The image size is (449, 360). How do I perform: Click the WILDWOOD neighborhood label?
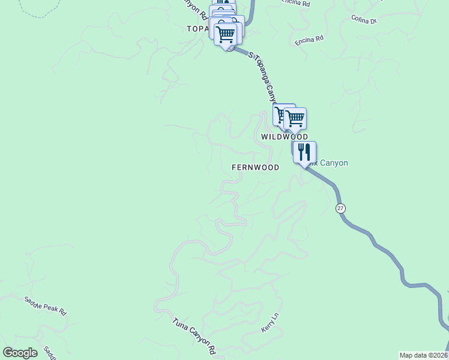pyautogui.click(x=285, y=137)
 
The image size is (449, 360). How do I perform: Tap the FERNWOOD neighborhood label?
pyautogui.click(x=256, y=168)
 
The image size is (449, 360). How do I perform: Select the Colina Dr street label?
pyautogui.click(x=364, y=20)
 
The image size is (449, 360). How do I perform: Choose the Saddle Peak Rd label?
pyautogui.click(x=45, y=305)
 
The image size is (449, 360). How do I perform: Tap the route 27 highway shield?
pyautogui.click(x=340, y=208)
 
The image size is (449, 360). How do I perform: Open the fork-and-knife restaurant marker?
pyautogui.click(x=304, y=152)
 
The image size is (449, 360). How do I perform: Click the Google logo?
pyautogui.click(x=20, y=353)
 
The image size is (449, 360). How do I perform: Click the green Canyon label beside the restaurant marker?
pyautogui.click(x=333, y=163)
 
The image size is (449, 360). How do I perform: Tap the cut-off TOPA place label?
pyautogui.click(x=197, y=28)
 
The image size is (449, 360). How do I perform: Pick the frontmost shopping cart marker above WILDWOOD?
pyautogui.click(x=295, y=118)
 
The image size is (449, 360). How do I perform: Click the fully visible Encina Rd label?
pyautogui.click(x=309, y=40)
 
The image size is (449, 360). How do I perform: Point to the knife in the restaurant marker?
pyautogui.click(x=308, y=151)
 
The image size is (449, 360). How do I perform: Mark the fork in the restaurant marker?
pyautogui.click(x=301, y=151)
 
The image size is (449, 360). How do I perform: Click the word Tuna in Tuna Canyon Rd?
pyautogui.click(x=181, y=324)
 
